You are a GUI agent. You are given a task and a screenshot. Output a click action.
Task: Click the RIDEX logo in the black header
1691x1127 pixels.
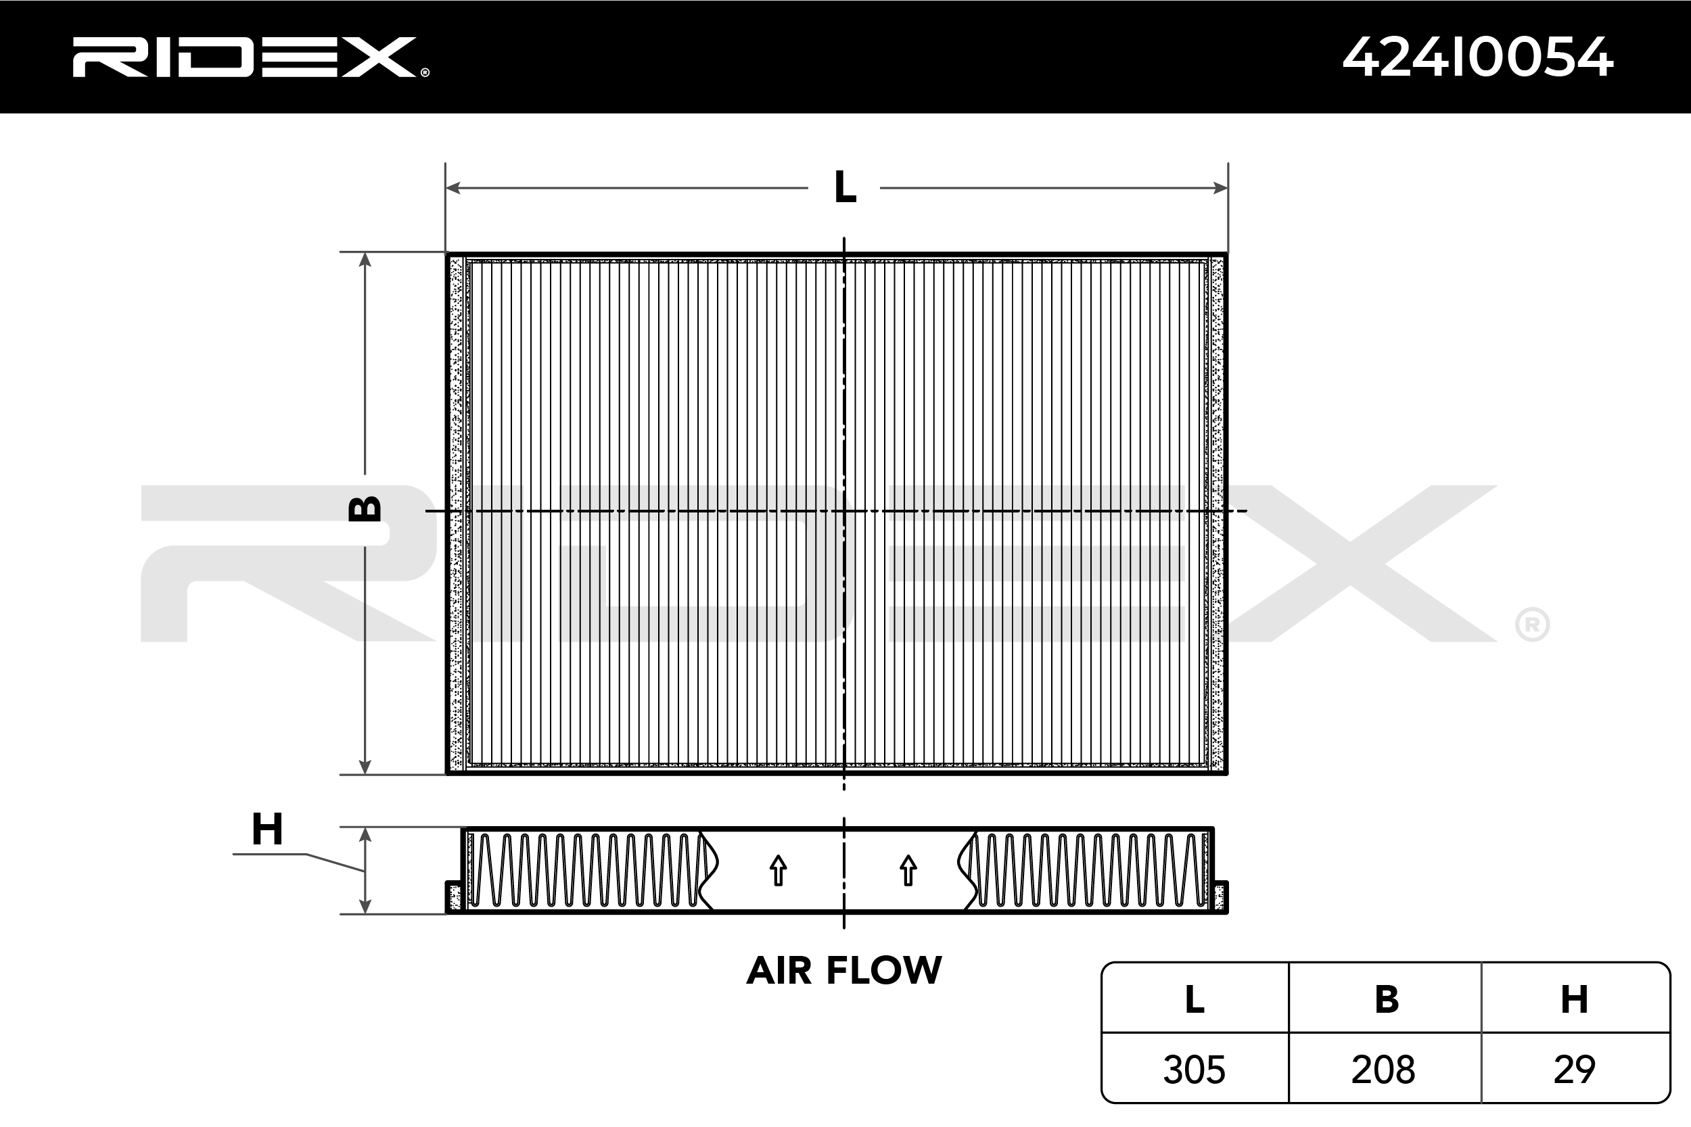pos(250,57)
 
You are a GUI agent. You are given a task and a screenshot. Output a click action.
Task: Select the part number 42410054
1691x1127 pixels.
pos(1477,57)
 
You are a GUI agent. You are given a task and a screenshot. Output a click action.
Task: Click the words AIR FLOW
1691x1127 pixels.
pos(844,970)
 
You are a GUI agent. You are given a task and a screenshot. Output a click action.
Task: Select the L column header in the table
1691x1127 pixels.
pos(1195,999)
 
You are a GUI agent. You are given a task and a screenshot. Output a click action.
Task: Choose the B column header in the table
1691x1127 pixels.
pos(1386,999)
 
